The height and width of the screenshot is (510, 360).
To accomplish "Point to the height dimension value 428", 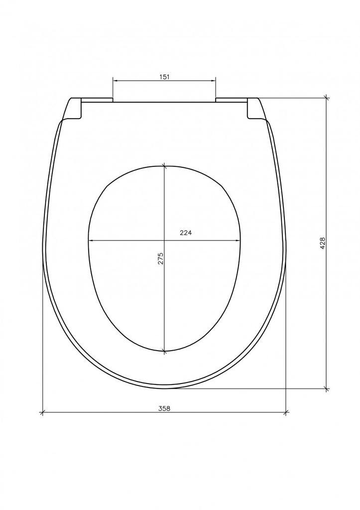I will [323, 243].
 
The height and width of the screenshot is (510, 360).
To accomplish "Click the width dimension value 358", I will [164, 408].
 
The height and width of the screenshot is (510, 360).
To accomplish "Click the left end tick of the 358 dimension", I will [42, 412].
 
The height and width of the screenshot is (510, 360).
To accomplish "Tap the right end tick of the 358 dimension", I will [286, 412].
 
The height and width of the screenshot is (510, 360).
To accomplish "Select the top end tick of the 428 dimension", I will [327, 98].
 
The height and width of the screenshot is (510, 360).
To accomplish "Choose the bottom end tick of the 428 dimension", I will [327, 389].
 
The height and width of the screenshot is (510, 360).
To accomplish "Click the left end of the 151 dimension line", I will [113, 81].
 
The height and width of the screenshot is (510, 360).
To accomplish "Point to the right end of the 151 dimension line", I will [216, 81].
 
